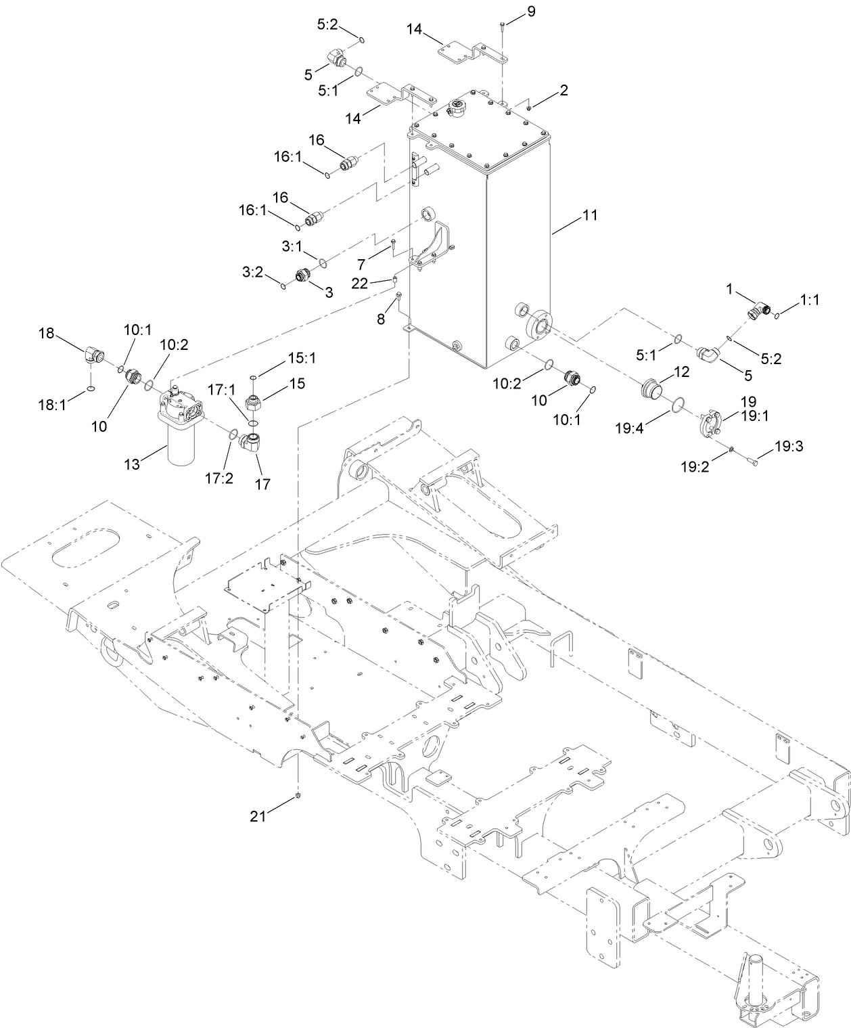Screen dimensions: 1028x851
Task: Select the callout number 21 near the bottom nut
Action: (x=258, y=816)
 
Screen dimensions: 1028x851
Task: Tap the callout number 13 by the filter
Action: (x=132, y=464)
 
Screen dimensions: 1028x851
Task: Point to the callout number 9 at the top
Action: (x=530, y=12)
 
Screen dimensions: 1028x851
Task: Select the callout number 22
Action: (x=359, y=284)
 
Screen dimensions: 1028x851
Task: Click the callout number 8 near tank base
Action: (x=381, y=319)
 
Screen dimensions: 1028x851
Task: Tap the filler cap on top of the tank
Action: (x=457, y=108)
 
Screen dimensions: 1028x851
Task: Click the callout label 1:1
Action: (x=809, y=300)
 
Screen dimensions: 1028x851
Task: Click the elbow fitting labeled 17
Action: (x=254, y=445)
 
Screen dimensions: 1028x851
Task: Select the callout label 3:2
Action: (x=252, y=271)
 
